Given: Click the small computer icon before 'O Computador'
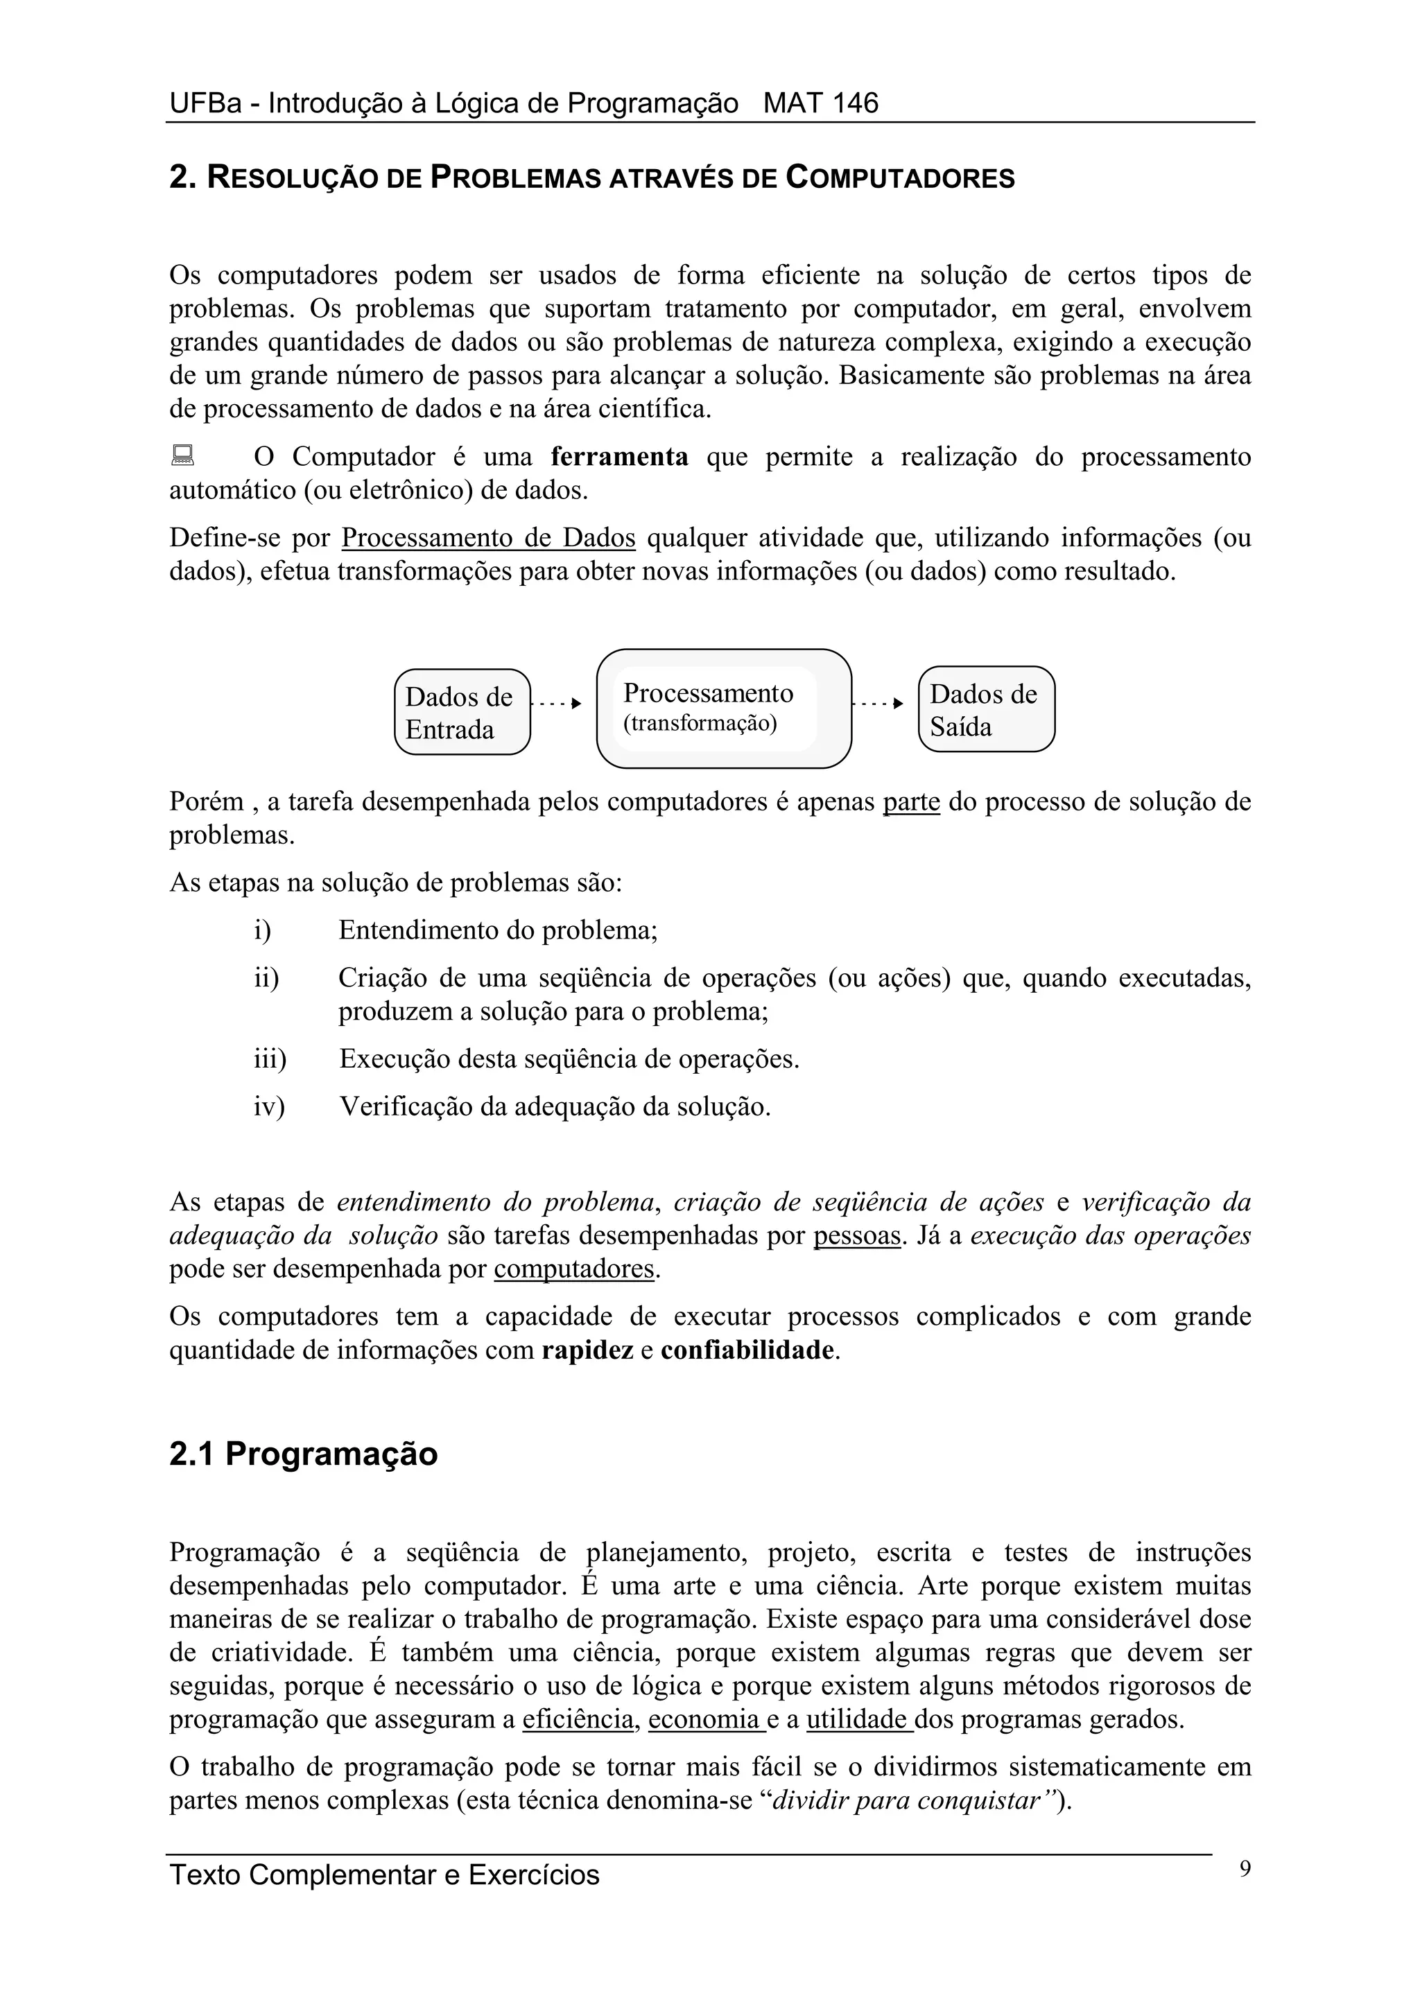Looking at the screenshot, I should coord(182,455).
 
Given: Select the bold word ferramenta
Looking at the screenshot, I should coord(619,457).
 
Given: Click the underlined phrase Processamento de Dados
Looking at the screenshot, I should coord(488,537).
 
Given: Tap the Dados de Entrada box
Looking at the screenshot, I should coord(462,712).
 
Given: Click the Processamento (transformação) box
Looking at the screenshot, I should coord(724,708).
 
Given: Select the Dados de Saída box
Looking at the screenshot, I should coord(986,710).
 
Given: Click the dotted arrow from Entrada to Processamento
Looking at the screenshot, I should coord(557,703).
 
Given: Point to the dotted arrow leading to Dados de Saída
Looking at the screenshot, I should coord(879,703).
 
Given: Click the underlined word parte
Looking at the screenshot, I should coord(912,801).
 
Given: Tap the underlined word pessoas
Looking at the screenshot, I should coord(856,1235).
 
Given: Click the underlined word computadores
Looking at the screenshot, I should coord(574,1269).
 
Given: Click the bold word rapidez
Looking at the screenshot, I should coord(587,1350).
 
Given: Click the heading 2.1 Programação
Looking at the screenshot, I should coord(303,1454).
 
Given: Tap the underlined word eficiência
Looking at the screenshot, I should coord(578,1719).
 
